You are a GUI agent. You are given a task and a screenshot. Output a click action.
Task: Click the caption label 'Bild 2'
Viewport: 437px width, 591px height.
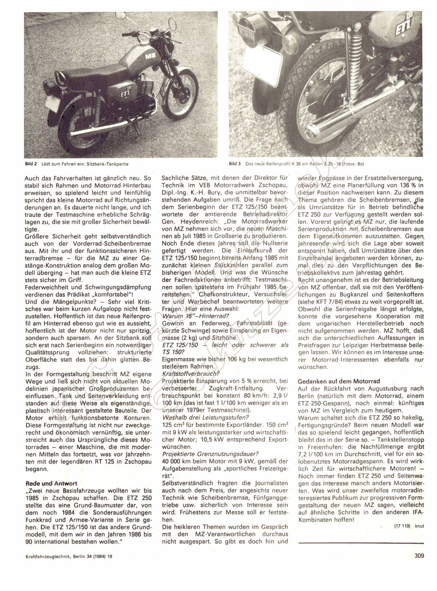tap(31, 164)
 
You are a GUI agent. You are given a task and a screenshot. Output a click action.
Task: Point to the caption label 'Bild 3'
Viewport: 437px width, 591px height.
tap(235, 164)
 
